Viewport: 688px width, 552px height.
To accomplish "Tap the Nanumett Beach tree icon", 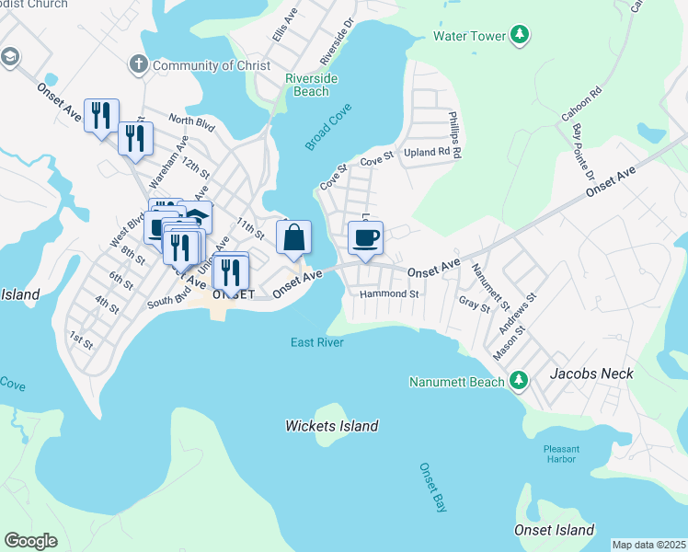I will click(519, 380).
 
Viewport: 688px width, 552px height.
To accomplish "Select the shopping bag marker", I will click(293, 239).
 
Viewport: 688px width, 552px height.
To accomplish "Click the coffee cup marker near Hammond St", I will click(365, 239).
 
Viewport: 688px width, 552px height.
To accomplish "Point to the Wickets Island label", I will click(331, 426).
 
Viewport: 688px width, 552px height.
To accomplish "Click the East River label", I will click(316, 343).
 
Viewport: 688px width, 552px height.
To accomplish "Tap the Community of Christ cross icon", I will click(138, 64).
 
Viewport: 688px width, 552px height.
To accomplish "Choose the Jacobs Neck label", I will click(588, 375).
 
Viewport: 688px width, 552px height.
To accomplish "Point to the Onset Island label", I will click(553, 530).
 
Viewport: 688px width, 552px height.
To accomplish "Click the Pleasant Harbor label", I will click(560, 454).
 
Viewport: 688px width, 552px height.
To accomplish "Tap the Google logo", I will click(31, 540).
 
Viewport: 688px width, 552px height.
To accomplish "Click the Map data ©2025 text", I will click(648, 545).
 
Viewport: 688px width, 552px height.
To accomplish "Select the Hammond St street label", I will click(389, 294).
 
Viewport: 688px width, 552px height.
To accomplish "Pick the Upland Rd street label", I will click(430, 151).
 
